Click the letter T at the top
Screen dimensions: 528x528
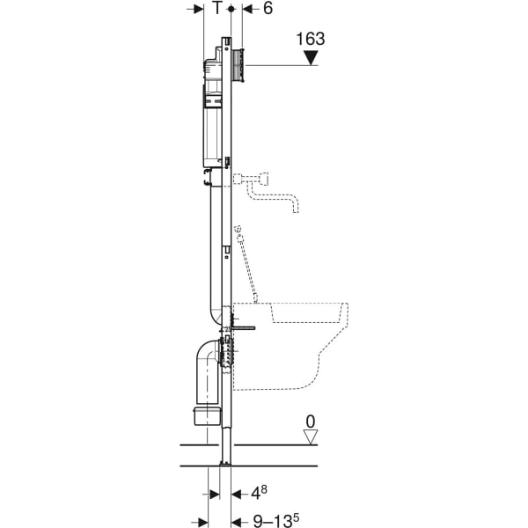click(x=218, y=8)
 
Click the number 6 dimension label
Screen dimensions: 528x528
click(x=268, y=8)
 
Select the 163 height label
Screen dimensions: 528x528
click(x=311, y=39)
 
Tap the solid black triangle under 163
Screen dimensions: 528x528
click(x=311, y=57)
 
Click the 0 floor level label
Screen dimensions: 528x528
click(x=311, y=422)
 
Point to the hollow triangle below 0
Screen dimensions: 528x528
click(x=311, y=436)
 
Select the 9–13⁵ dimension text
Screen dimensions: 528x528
click(x=275, y=520)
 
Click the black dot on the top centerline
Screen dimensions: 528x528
click(x=231, y=9)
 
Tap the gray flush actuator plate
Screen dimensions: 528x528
click(x=238, y=65)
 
